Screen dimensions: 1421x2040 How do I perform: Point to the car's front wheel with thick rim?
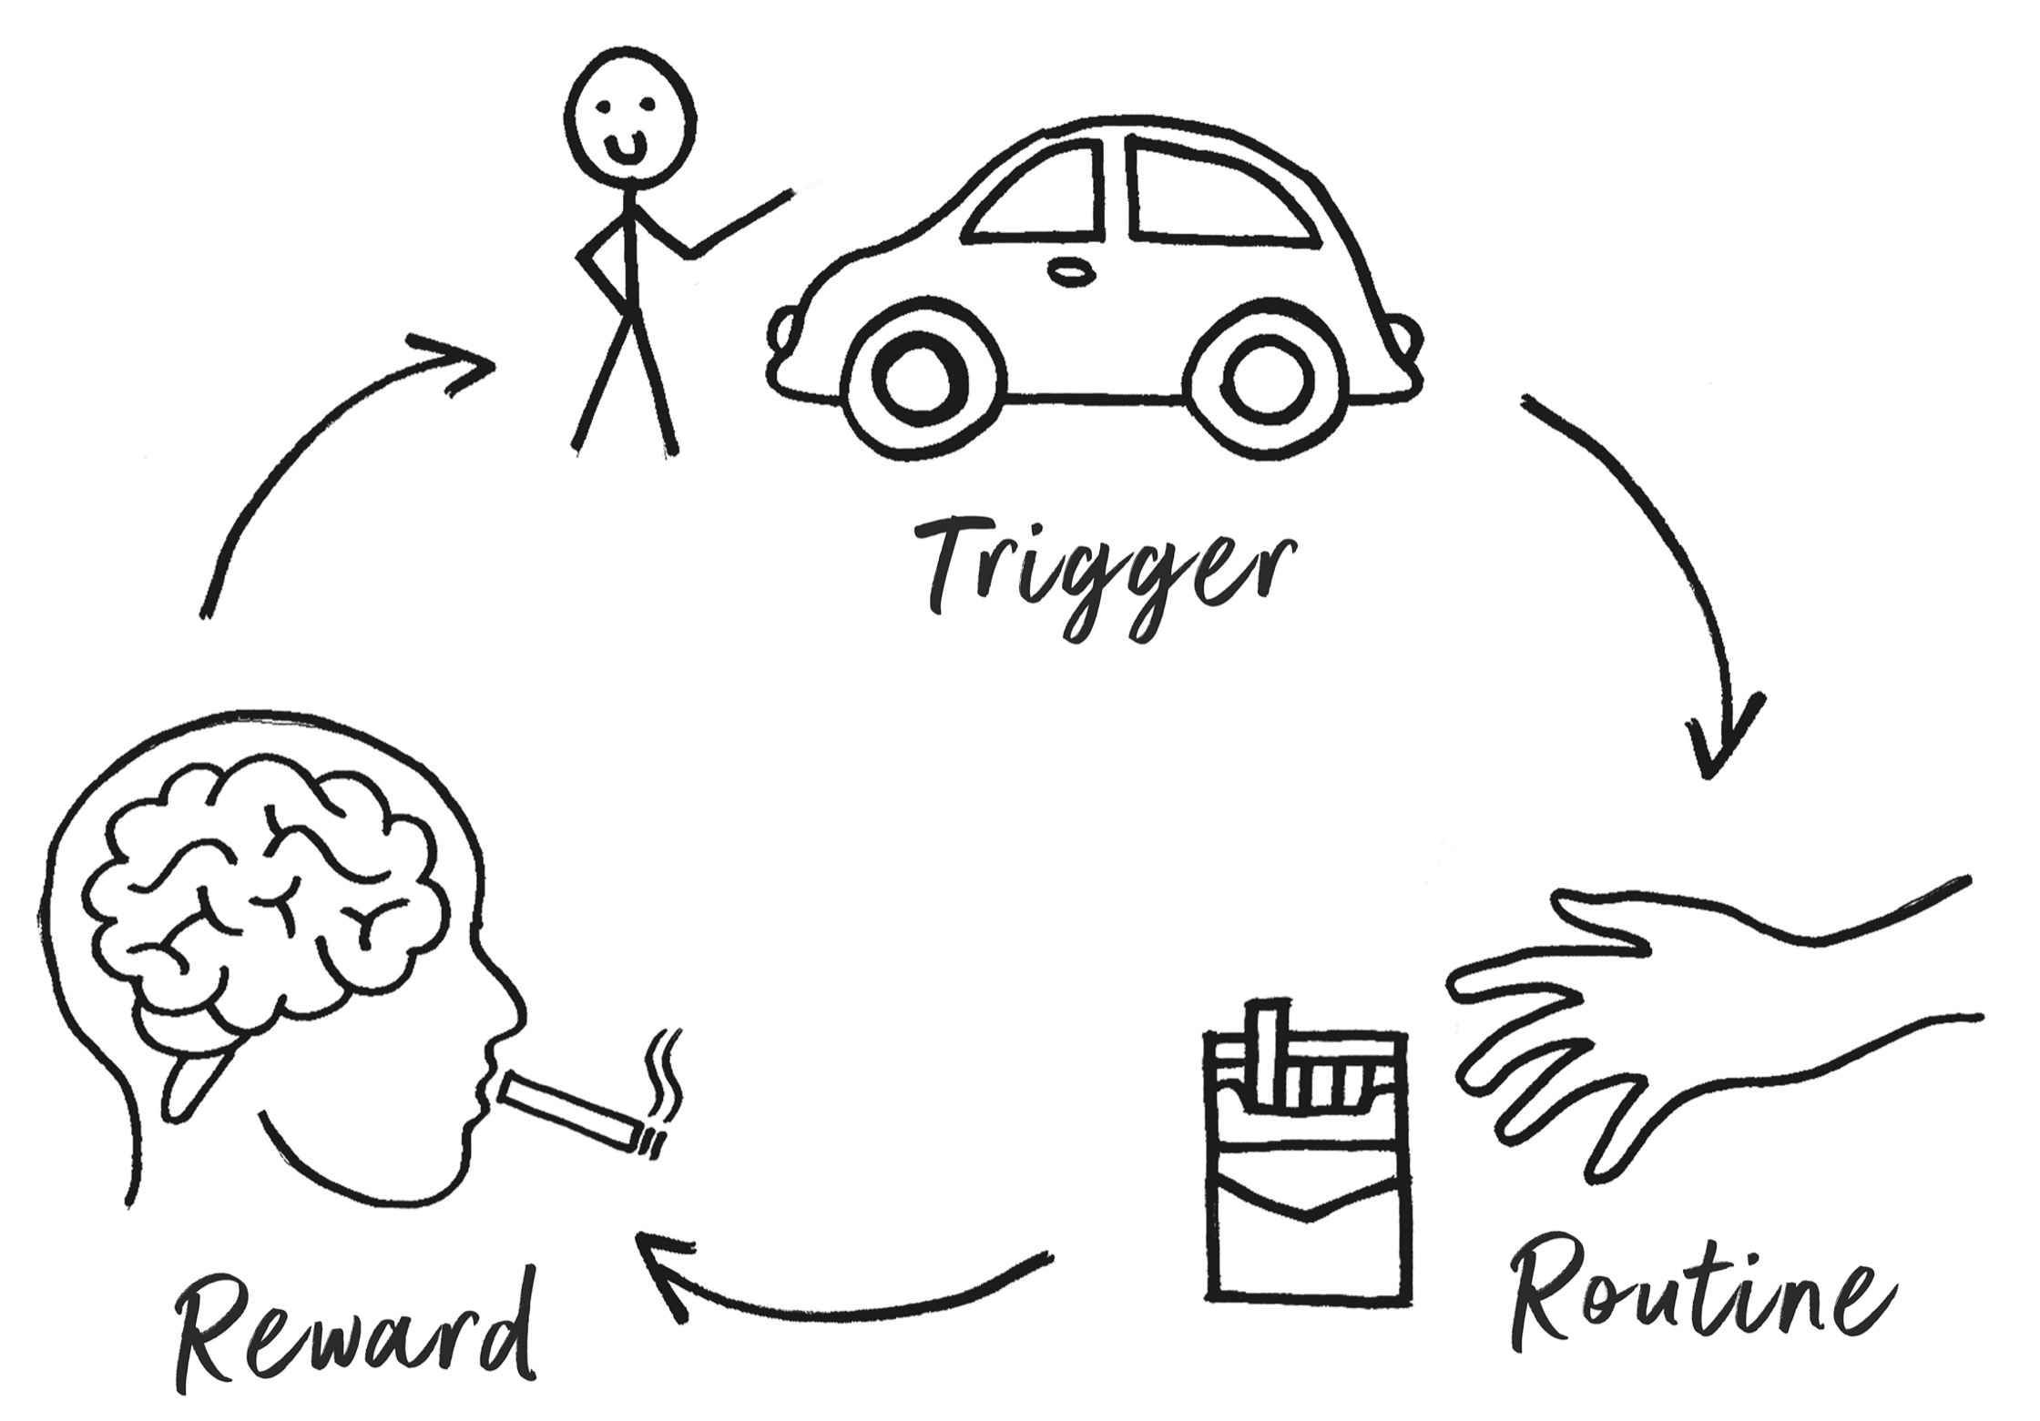[x=920, y=381]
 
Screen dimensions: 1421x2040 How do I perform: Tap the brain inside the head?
[x=264, y=901]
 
